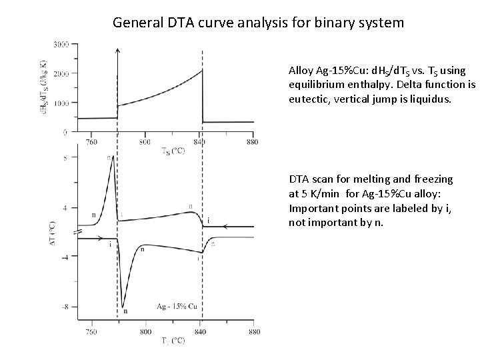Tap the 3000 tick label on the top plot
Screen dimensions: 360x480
coord(61,45)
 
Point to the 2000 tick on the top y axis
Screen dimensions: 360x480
coord(61,74)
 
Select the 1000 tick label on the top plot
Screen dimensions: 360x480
coord(61,103)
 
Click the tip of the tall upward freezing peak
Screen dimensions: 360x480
coord(113,157)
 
